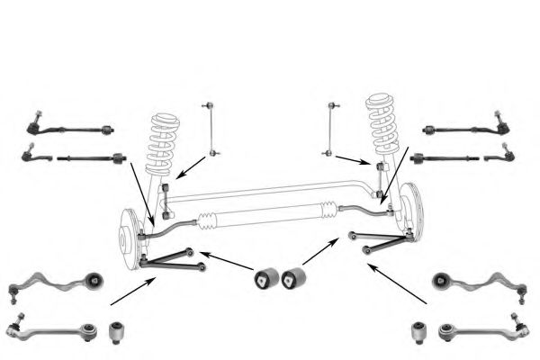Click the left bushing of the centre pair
[266, 277]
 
